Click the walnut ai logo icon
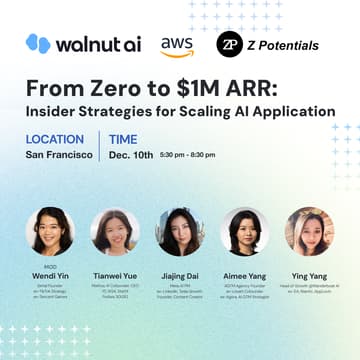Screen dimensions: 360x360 (x=38, y=44)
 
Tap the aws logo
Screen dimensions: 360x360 (x=176, y=45)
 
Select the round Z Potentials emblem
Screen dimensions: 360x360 (x=229, y=45)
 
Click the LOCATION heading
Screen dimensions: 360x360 (x=55, y=139)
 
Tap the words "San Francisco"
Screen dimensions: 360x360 (x=58, y=155)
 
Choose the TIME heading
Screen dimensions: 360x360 (x=124, y=139)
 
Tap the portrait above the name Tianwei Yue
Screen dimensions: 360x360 (x=115, y=231)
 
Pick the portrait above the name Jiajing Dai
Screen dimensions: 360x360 (x=180, y=231)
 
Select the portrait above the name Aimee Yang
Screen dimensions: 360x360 (x=244, y=231)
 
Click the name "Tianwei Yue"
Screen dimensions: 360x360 (x=115, y=273)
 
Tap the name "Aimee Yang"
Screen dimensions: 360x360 (x=244, y=273)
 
